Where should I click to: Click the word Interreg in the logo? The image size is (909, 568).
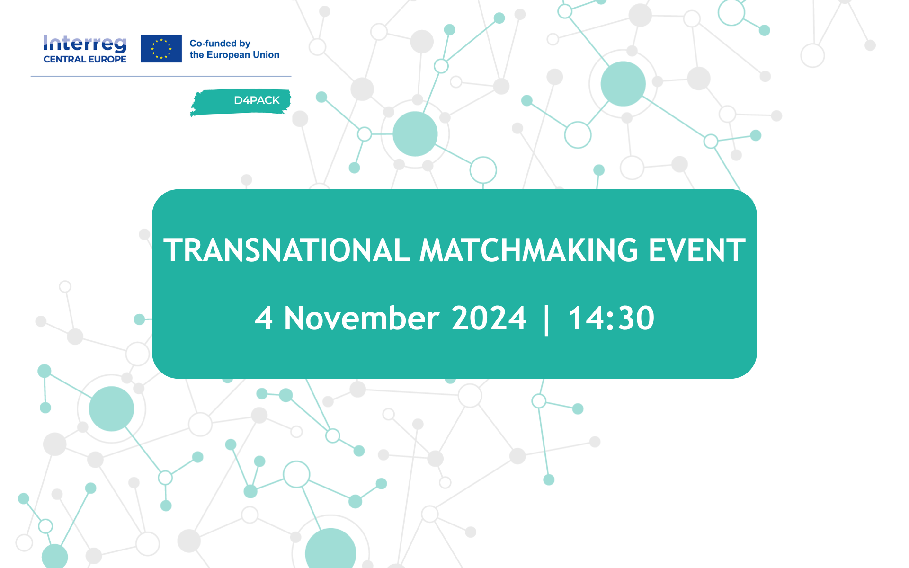click(85, 44)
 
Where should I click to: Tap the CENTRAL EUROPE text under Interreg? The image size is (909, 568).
click(85, 59)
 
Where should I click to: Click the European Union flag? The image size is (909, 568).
click(161, 49)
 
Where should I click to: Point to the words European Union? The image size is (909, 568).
click(243, 55)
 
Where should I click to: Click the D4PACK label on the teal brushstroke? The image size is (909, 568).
click(257, 100)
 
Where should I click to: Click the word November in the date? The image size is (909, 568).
click(362, 318)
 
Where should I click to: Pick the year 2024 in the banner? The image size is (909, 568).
click(489, 318)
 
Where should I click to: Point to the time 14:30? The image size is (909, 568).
click(611, 318)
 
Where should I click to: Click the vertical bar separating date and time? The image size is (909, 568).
click(547, 320)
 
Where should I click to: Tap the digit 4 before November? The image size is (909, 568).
click(264, 318)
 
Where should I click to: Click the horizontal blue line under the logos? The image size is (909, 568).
click(161, 76)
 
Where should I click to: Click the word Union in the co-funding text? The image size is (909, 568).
click(267, 55)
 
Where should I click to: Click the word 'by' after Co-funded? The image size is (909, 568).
click(245, 44)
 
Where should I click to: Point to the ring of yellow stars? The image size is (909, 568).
click(161, 49)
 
